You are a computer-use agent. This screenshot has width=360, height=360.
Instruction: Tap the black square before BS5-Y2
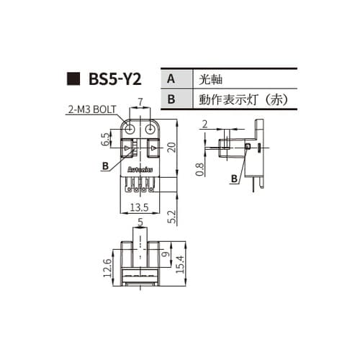tap(71, 78)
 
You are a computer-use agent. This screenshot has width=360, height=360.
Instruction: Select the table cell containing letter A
tap(171, 78)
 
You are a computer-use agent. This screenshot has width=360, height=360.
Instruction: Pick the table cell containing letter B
tap(171, 99)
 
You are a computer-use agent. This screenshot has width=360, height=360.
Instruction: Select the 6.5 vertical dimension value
tap(105, 139)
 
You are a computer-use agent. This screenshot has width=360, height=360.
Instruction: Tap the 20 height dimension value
tap(171, 147)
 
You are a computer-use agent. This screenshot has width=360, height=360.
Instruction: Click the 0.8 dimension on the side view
tap(199, 170)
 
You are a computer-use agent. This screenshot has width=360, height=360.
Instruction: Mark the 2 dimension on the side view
tap(206, 125)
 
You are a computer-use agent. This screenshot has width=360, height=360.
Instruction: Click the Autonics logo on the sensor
tap(140, 168)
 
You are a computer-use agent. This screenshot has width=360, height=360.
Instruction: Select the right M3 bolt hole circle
tap(150, 128)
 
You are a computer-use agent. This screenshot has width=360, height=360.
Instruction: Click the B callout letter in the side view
tap(235, 178)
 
